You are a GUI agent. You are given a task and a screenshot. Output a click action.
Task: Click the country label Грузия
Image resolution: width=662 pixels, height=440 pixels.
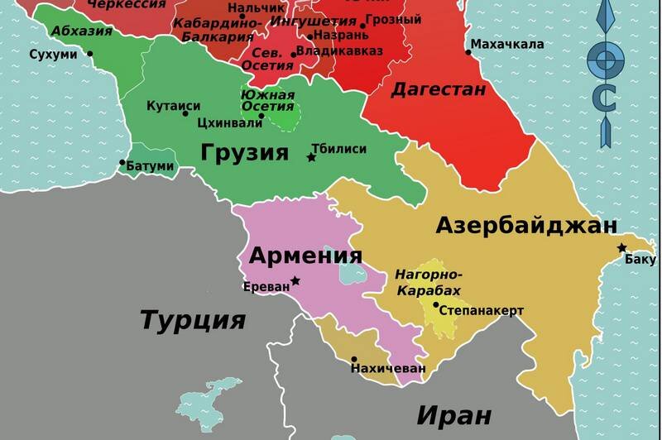click(x=244, y=152)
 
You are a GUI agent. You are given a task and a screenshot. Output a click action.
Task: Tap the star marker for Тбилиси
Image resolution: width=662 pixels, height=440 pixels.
click(x=312, y=157)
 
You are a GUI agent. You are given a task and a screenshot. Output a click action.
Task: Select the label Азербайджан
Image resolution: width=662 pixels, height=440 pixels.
click(x=526, y=225)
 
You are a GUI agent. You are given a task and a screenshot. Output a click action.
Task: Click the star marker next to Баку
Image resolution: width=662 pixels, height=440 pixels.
click(x=622, y=248)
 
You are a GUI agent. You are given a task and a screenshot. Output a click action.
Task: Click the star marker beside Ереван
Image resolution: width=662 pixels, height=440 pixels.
click(x=295, y=281)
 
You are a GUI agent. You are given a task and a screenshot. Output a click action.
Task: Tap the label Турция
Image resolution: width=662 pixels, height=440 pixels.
click(x=193, y=319)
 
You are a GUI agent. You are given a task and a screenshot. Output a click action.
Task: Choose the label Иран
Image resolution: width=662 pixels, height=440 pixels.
click(x=453, y=414)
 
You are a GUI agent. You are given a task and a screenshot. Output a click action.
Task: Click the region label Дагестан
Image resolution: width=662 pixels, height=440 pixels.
click(x=438, y=89)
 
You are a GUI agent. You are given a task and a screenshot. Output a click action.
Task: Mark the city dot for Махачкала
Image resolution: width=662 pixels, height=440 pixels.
click(x=468, y=52)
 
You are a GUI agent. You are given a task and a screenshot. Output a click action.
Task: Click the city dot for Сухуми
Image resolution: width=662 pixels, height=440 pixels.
click(x=89, y=55)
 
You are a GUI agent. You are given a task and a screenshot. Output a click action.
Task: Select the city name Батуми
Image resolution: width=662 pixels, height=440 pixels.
click(x=150, y=166)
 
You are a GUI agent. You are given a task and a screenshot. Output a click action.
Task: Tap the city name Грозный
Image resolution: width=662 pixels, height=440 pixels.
click(x=394, y=19)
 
